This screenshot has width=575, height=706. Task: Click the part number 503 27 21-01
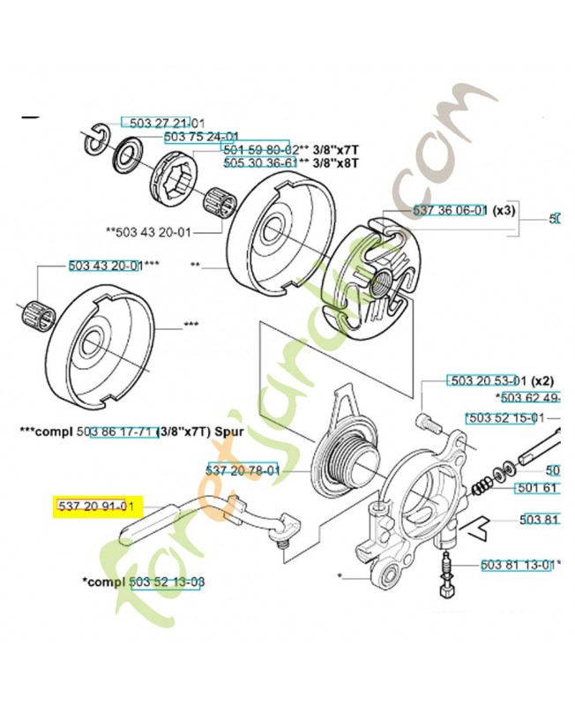161,123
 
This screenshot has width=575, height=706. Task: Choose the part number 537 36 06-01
449,211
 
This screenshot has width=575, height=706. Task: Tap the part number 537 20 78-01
243,470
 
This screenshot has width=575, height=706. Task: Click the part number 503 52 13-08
167,583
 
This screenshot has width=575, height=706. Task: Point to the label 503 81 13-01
518,564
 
